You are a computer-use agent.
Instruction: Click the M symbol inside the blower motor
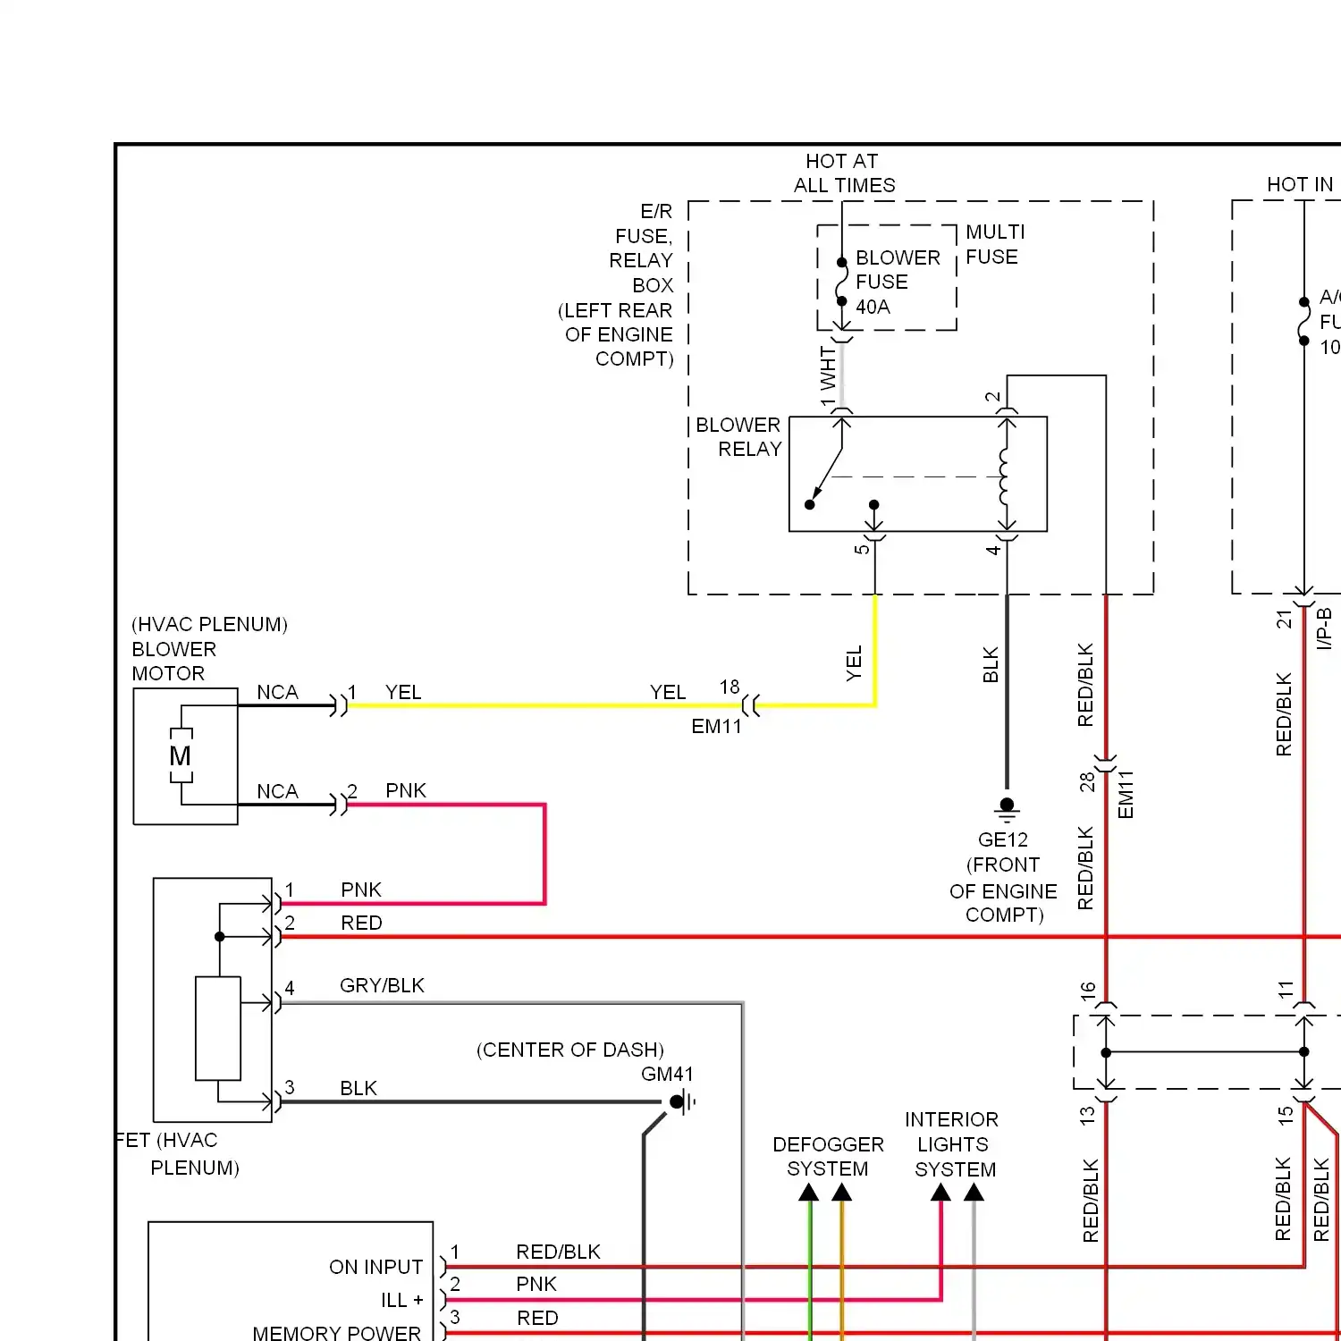coord(181,756)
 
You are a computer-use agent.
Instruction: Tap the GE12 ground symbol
coord(1007,809)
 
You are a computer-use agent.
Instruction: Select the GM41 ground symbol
coord(681,1102)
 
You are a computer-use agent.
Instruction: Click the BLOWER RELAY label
coord(738,436)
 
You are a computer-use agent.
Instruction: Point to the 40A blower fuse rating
coord(873,307)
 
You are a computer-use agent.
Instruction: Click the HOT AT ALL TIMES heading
coord(843,173)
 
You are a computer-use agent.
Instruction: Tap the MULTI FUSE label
coord(994,244)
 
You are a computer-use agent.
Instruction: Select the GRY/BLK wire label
coord(382,985)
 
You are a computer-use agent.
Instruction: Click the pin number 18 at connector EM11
coord(730,687)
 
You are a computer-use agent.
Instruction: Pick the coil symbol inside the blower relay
coord(1005,477)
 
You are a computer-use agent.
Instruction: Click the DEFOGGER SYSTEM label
coord(828,1157)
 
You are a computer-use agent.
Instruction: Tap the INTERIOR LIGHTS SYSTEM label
coord(953,1144)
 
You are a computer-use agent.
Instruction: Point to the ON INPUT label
coord(375,1267)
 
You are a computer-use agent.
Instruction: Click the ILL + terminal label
coord(401,1300)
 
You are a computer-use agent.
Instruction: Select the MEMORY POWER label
coord(336,1332)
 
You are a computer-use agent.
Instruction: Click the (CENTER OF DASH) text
coord(570,1050)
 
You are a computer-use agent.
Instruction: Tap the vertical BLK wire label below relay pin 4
coord(991,664)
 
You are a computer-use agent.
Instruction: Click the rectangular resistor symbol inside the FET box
coord(218,1028)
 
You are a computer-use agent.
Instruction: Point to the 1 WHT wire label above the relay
coord(828,376)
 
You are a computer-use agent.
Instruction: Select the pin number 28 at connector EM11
coord(1086,782)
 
